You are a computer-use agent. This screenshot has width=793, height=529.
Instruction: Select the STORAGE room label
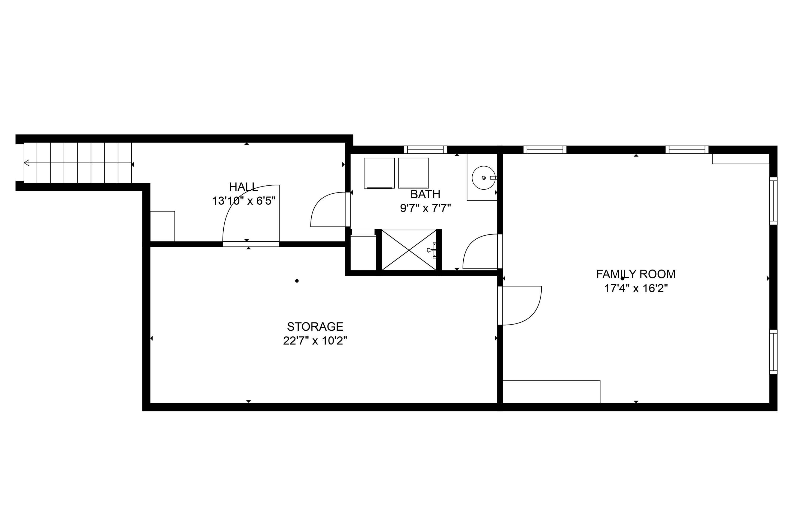click(315, 327)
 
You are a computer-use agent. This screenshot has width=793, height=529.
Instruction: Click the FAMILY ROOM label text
click(635, 274)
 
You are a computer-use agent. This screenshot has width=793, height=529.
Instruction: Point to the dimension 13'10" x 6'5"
click(243, 201)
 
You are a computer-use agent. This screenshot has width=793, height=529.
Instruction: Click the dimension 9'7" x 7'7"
click(425, 208)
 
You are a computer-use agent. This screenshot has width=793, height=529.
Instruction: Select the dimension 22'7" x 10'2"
click(315, 341)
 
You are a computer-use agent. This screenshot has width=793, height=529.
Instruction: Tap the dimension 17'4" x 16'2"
click(635, 289)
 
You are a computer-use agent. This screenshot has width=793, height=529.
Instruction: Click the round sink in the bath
click(483, 177)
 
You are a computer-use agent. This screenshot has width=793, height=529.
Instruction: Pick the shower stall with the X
click(409, 250)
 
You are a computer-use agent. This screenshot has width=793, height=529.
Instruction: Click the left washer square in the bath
click(379, 173)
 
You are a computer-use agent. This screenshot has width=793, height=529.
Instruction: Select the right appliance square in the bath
click(413, 173)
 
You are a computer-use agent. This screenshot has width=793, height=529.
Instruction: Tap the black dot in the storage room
click(297, 281)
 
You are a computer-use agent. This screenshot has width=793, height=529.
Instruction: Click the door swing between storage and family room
click(521, 305)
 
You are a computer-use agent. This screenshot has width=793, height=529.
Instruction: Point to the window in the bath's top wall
click(425, 149)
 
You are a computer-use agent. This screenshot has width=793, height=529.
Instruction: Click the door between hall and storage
click(251, 244)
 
